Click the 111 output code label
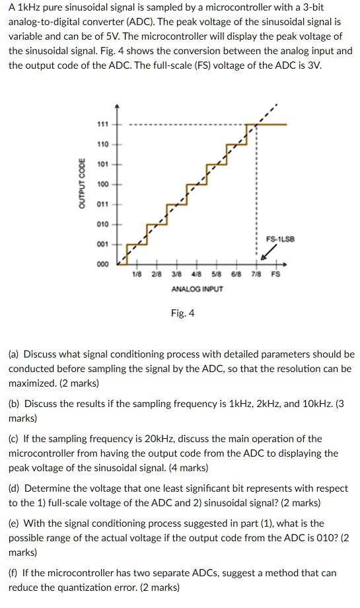point(102,124)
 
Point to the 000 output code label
point(102,263)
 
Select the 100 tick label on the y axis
point(102,184)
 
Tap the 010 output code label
point(102,224)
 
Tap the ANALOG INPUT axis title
point(197,289)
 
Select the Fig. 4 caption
point(182,313)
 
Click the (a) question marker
point(14,354)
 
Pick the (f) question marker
point(13,572)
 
